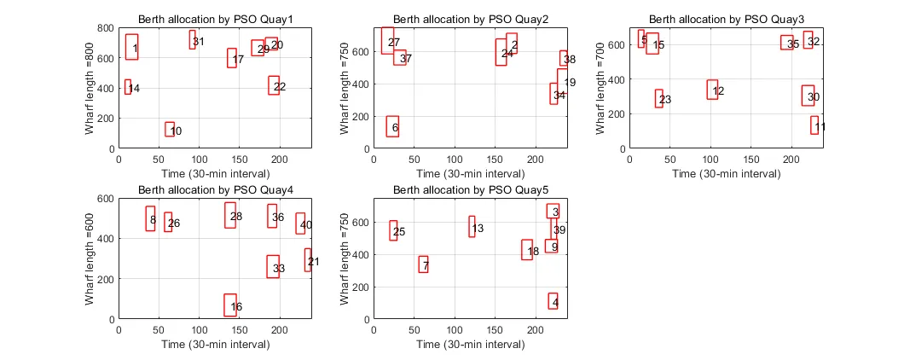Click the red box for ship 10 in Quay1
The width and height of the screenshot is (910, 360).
(x=170, y=129)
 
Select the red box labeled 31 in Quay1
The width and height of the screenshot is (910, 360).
(x=193, y=39)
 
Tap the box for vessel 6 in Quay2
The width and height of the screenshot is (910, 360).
(x=392, y=126)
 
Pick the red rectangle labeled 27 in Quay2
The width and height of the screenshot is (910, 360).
(x=387, y=41)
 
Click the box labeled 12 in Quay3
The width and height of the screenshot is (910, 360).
(x=712, y=90)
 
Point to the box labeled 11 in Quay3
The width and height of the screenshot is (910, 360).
(x=814, y=125)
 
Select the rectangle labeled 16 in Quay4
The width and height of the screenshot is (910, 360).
(x=230, y=305)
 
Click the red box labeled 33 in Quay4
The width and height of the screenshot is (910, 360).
(x=273, y=267)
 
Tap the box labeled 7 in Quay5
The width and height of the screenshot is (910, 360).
(x=423, y=264)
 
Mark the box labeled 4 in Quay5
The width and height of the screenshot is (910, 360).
(x=553, y=300)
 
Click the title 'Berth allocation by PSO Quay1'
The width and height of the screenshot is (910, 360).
(x=214, y=20)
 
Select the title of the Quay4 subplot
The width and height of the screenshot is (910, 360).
(x=214, y=190)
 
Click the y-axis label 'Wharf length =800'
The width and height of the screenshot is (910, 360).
(x=90, y=88)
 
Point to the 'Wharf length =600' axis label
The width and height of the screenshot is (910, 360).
(x=90, y=258)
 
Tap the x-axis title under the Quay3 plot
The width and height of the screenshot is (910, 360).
(x=725, y=173)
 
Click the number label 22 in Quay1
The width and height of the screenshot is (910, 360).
(x=280, y=87)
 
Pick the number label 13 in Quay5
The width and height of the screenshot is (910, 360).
(x=478, y=229)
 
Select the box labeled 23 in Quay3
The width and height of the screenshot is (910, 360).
(x=658, y=98)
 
